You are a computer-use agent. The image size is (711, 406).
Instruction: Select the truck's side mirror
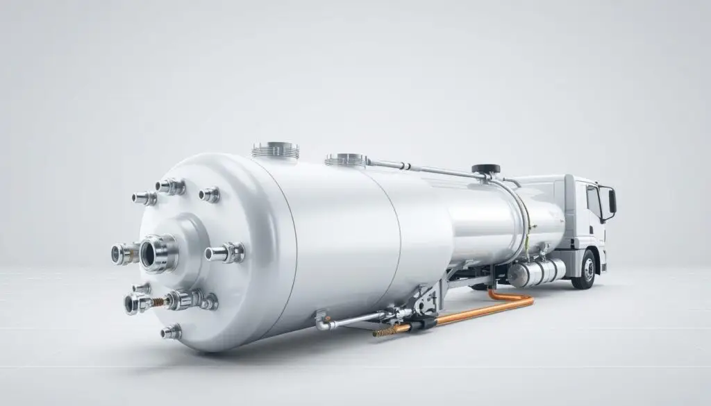[x=612, y=201]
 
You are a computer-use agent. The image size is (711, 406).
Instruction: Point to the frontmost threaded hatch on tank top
[x=276, y=149]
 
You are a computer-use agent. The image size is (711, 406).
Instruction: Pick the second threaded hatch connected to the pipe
[x=346, y=160]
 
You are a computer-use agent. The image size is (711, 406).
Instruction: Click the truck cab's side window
[x=594, y=202]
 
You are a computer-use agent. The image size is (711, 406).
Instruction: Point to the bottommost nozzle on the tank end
[x=171, y=332]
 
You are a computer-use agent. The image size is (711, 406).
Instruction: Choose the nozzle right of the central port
[x=224, y=253]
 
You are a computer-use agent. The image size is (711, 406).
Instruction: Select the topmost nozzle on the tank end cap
[x=170, y=186]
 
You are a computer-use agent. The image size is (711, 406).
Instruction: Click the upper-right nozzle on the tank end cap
[x=210, y=195]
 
